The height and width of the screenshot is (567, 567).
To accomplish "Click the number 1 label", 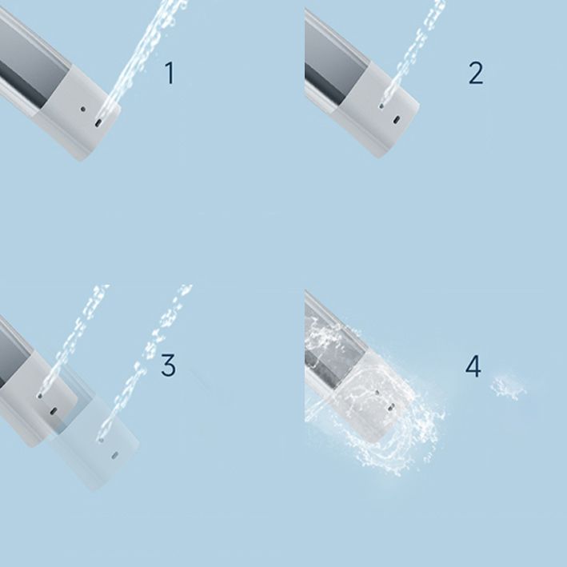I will (x=169, y=74).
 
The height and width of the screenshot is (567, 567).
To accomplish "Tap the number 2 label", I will (x=476, y=74).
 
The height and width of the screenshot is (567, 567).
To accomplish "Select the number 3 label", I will (x=168, y=365).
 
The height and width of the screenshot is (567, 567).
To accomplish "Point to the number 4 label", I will (x=474, y=367).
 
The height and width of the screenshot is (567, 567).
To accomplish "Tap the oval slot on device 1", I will (x=98, y=122).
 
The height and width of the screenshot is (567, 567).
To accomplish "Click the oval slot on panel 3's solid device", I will (x=53, y=410).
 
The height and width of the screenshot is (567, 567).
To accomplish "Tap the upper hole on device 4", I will (x=377, y=393).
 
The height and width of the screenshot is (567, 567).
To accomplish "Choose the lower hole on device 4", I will (x=389, y=405).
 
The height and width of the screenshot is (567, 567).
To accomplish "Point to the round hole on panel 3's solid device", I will (x=40, y=395).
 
